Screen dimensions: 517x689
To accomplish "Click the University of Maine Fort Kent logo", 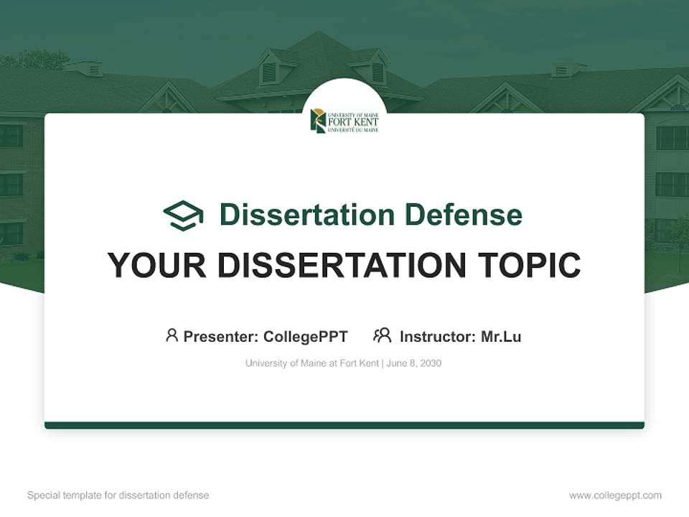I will point(344,121).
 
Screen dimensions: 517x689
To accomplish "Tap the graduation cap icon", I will point(183,215).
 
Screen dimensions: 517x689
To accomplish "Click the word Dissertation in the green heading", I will point(306,215).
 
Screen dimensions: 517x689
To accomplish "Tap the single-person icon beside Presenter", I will point(172,335).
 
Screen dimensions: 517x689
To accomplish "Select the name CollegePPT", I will point(306,336).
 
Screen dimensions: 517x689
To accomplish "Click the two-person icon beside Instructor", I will point(383,335).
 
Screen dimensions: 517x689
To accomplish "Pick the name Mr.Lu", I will point(501,336).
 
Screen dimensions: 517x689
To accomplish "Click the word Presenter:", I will point(220,336).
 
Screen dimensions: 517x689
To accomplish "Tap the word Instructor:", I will point(437,336).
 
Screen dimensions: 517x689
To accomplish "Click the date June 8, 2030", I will point(414,363).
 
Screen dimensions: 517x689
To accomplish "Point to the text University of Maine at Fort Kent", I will point(311,363).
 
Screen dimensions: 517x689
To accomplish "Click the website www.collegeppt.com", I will point(615,495).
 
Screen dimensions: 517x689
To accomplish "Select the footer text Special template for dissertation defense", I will point(118,495).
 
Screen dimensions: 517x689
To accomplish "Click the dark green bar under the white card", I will point(344,425).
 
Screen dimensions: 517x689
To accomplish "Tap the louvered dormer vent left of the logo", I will point(269,72).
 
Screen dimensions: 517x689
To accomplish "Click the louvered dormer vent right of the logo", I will point(378,72).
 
